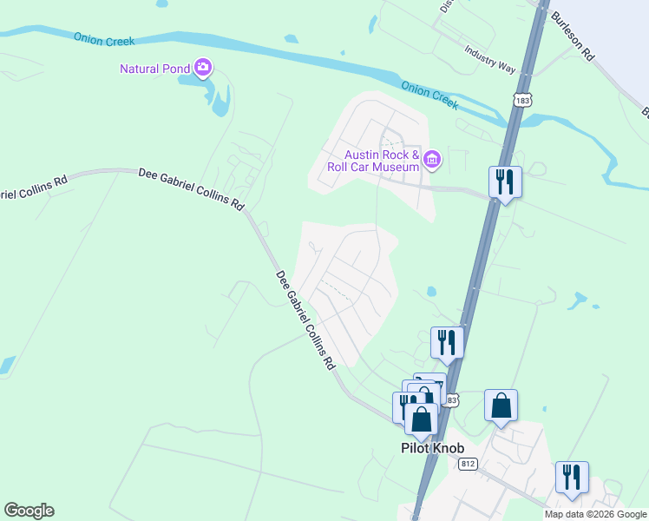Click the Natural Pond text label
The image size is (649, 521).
coord(156,69)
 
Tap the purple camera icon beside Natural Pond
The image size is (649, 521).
coord(203,67)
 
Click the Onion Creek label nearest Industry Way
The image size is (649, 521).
coord(429,95)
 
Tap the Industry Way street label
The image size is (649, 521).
coord(490,60)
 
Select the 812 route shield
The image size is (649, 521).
coord(469,464)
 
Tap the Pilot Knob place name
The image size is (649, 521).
coord(432,448)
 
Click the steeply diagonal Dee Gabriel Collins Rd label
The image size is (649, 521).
coord(305,321)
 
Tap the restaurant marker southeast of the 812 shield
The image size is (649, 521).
coord(572,478)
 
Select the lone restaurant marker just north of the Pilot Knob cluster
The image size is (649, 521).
coord(448,342)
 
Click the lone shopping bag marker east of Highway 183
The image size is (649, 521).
coord(501,406)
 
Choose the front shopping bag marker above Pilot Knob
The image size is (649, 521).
coord(422,419)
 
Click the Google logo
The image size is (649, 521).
coord(29,511)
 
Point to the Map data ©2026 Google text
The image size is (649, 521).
coord(596,514)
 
